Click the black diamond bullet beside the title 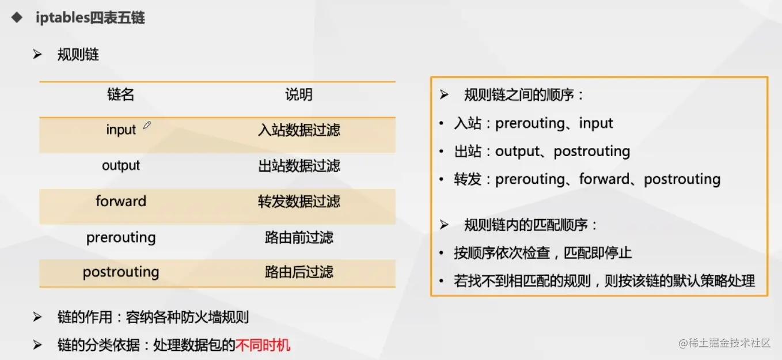click(x=17, y=17)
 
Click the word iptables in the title click(x=63, y=17)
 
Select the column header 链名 click(x=121, y=94)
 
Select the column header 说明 click(x=299, y=94)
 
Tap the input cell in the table click(x=121, y=130)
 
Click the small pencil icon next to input click(x=147, y=125)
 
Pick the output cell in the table click(x=121, y=165)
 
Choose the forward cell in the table click(x=121, y=201)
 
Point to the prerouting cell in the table click(x=121, y=238)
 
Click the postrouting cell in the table click(x=121, y=272)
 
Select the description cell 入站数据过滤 click(x=299, y=130)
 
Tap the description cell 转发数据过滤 click(x=299, y=202)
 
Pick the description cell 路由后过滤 click(x=299, y=272)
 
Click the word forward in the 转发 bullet click(x=604, y=179)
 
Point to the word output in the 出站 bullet click(x=517, y=151)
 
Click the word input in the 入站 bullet click(x=596, y=123)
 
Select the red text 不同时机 click(x=263, y=346)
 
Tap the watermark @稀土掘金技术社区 click(x=724, y=343)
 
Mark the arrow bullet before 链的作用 click(x=37, y=317)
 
